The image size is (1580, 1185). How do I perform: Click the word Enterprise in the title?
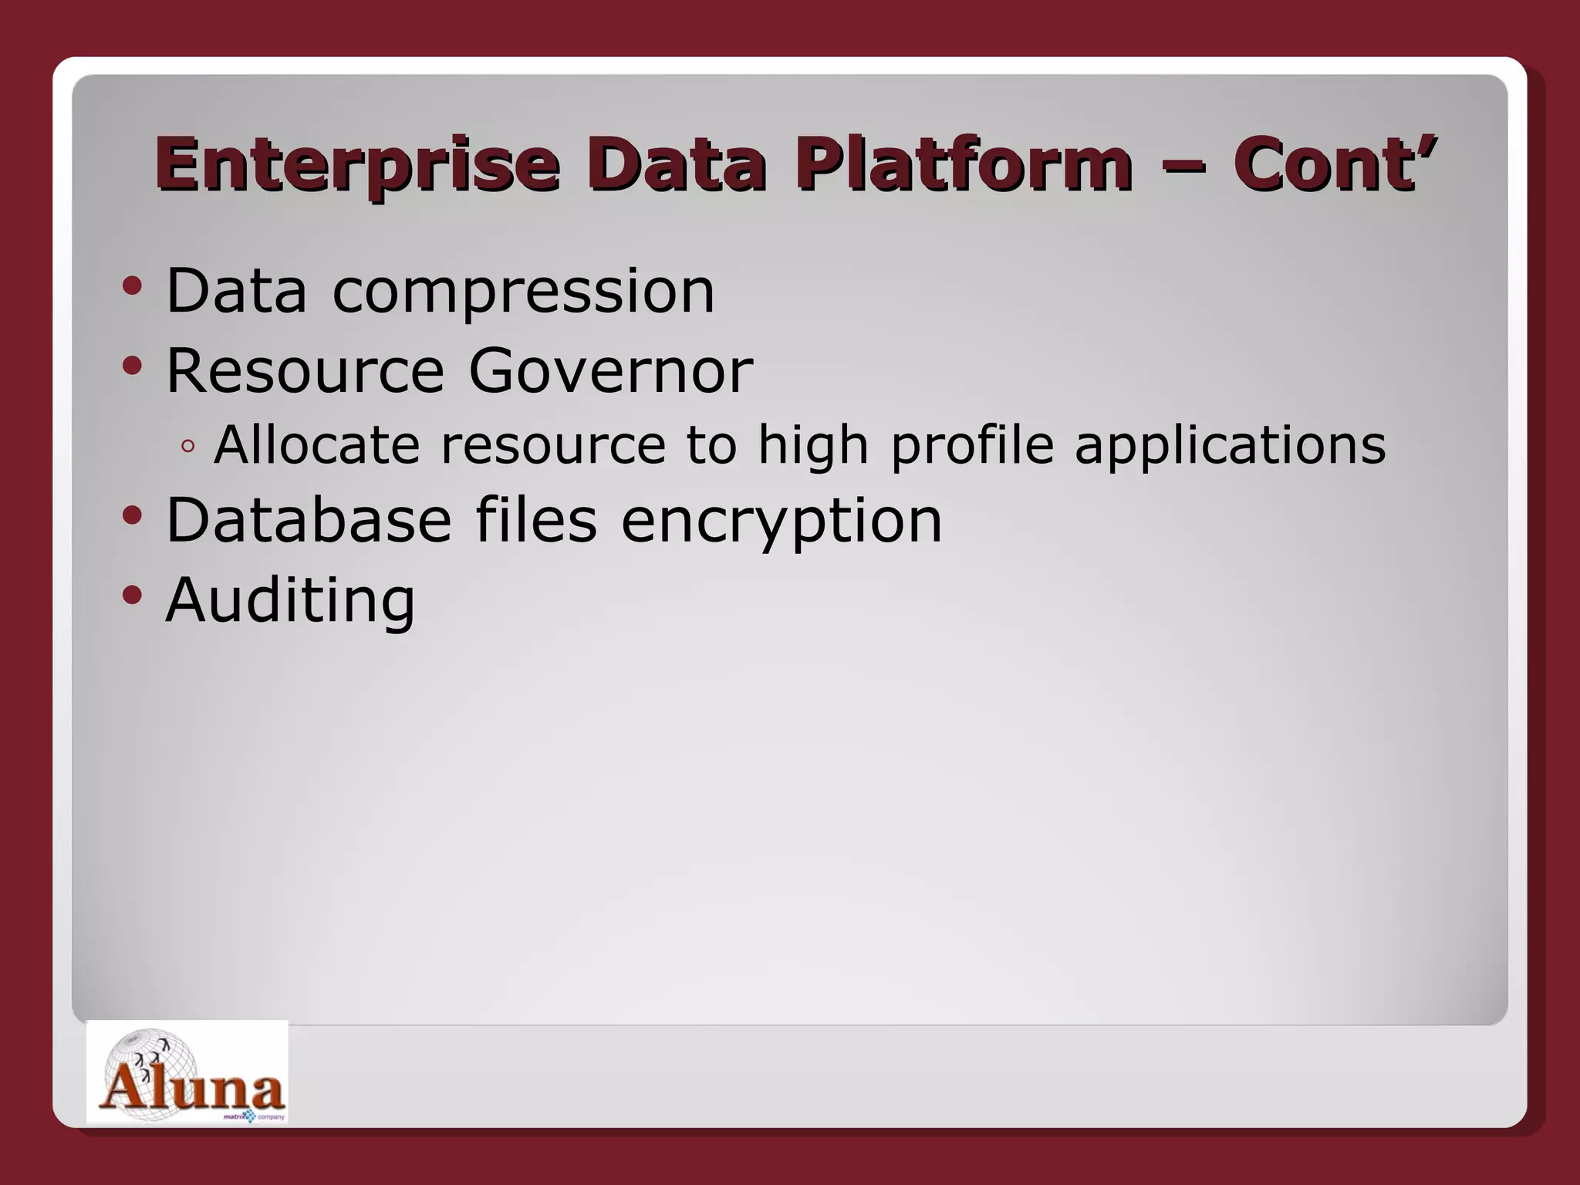tap(356, 165)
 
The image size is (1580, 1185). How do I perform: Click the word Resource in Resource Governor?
tap(306, 371)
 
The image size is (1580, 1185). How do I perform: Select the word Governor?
tap(610, 371)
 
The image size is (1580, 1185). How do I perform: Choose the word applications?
tap(1230, 447)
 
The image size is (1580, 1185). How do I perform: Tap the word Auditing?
tap(290, 600)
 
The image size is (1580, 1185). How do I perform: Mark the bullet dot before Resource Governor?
tap(133, 366)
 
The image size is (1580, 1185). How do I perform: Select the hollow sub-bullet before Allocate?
tap(187, 447)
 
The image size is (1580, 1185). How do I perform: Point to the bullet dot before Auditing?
tap(133, 595)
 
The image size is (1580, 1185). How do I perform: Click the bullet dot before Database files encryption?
tap(133, 515)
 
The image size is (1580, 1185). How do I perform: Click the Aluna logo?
tap(187, 1072)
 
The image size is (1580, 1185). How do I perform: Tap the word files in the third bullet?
tap(535, 521)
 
